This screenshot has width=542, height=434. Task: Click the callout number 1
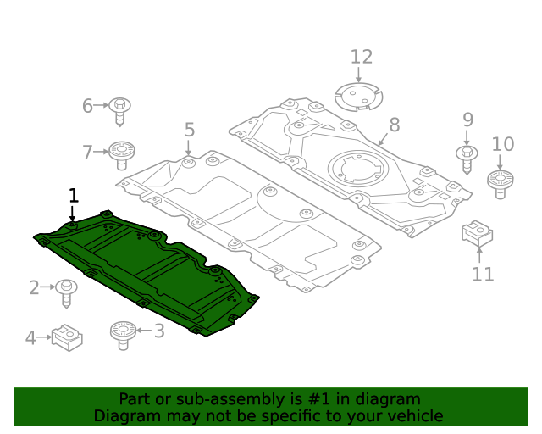click(73, 195)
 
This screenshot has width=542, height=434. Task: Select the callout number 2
click(34, 288)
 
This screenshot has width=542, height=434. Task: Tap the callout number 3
click(158, 331)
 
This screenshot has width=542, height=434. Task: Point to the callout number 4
click(30, 338)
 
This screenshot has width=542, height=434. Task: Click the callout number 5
click(189, 130)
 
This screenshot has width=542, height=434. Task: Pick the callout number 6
click(87, 106)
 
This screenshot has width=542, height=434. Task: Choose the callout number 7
click(87, 153)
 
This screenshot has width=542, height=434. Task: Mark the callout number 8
click(394, 125)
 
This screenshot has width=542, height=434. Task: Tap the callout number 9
click(467, 120)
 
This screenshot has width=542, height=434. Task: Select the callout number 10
click(502, 144)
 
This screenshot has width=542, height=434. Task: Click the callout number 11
click(483, 274)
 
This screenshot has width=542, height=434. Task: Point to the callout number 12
click(362, 57)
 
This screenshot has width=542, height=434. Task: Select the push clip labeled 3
click(124, 333)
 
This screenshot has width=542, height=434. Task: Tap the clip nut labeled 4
click(66, 337)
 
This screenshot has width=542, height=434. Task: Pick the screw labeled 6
click(120, 108)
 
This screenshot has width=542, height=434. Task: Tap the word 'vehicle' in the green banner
click(414, 416)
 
